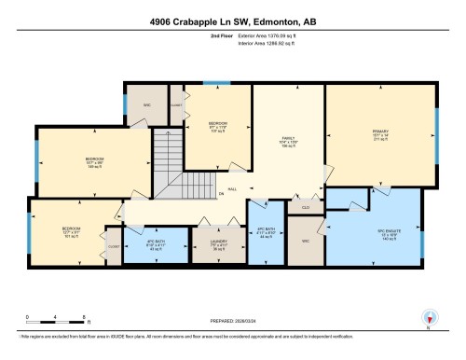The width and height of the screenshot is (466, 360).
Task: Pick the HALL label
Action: pyautogui.click(x=232, y=188)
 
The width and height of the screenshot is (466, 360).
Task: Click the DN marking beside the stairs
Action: pyautogui.click(x=221, y=195)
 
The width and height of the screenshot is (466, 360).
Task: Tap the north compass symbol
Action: pyautogui.click(x=429, y=317)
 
